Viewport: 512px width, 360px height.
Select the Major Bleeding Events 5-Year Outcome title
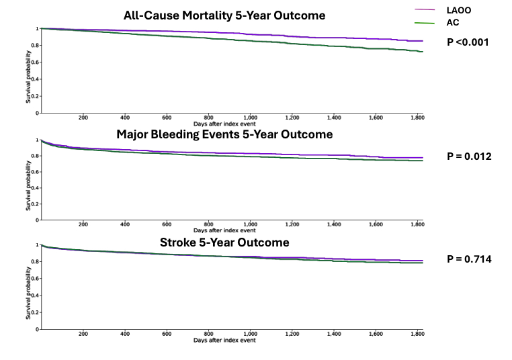click(x=224, y=134)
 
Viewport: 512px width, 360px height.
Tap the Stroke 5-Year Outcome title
click(x=224, y=242)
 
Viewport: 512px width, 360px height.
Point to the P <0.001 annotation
click(x=469, y=42)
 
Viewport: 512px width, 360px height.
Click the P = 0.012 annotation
click(x=469, y=156)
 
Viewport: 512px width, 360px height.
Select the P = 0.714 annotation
click(x=469, y=259)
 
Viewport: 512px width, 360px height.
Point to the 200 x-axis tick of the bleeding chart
click(x=83, y=225)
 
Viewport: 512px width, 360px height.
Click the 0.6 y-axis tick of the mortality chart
click(x=36, y=62)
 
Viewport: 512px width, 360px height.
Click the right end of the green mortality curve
click(x=422, y=52)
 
